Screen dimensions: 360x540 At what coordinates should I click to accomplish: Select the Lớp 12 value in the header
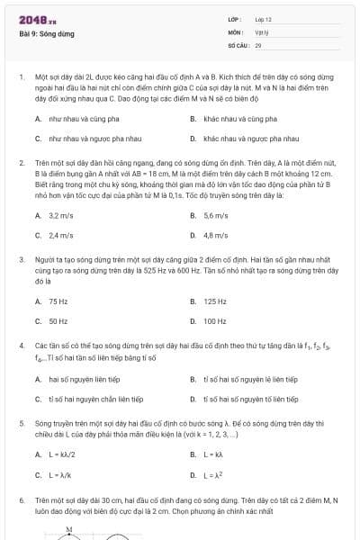pos(263,19)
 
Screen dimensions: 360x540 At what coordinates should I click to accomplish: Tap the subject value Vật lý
pos(261,31)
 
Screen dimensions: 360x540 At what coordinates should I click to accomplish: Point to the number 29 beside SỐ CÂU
pos(258,44)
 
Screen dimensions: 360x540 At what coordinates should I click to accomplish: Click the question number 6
pos(21,499)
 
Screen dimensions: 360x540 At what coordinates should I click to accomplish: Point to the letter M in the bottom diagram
pos(69,529)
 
